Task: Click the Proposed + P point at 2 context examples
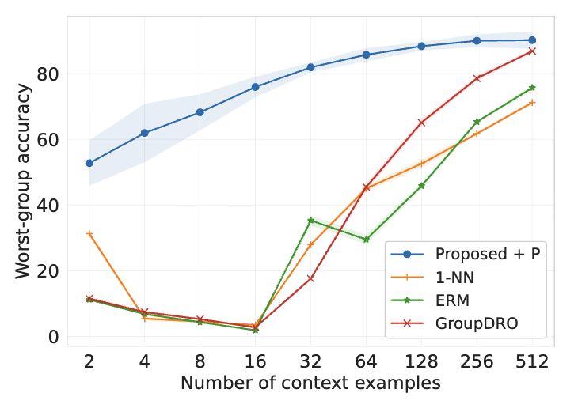pyautogui.click(x=89, y=163)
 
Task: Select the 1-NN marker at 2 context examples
pyautogui.click(x=89, y=234)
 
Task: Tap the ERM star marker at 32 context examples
pyautogui.click(x=311, y=220)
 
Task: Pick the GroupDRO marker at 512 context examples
pyautogui.click(x=532, y=51)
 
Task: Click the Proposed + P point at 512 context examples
pyautogui.click(x=532, y=40)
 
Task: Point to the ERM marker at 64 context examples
pyautogui.click(x=366, y=239)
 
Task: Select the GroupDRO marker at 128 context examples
pyautogui.click(x=421, y=123)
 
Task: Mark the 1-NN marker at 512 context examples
pyautogui.click(x=532, y=103)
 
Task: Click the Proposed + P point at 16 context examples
pyautogui.click(x=255, y=87)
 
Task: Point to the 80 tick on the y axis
pyautogui.click(x=49, y=74)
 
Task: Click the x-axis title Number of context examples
pyautogui.click(x=310, y=384)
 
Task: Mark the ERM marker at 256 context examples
pyautogui.click(x=477, y=122)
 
